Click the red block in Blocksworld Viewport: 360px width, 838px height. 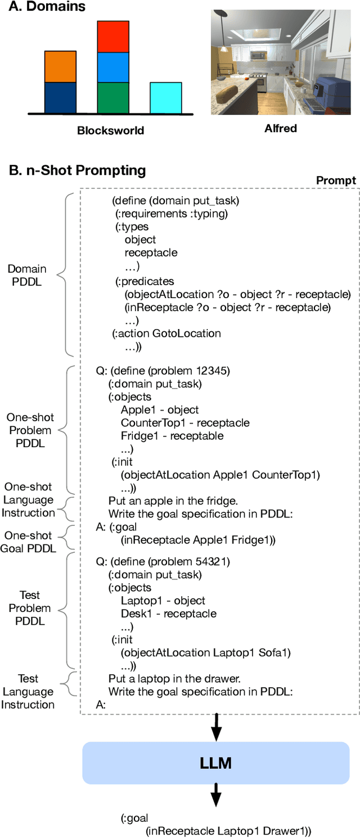click(113, 37)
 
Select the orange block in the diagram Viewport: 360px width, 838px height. click(60, 66)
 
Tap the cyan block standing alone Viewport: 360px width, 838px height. click(165, 98)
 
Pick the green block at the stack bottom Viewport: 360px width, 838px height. click(113, 98)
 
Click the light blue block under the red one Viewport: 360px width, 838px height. click(113, 67)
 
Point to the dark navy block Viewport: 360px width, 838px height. click(60, 98)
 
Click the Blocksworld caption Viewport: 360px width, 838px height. click(110, 130)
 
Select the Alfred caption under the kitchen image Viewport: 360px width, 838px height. click(280, 128)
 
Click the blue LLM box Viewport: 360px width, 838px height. click(216, 763)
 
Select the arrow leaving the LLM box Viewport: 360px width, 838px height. click(216, 798)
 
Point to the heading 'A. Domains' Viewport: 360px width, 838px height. click(47, 7)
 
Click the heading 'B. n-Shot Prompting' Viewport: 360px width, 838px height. click(77, 170)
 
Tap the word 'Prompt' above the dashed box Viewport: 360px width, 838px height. click(336, 180)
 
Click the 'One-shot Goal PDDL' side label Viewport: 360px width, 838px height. click(28, 542)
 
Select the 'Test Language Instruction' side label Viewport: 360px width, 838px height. click(28, 691)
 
